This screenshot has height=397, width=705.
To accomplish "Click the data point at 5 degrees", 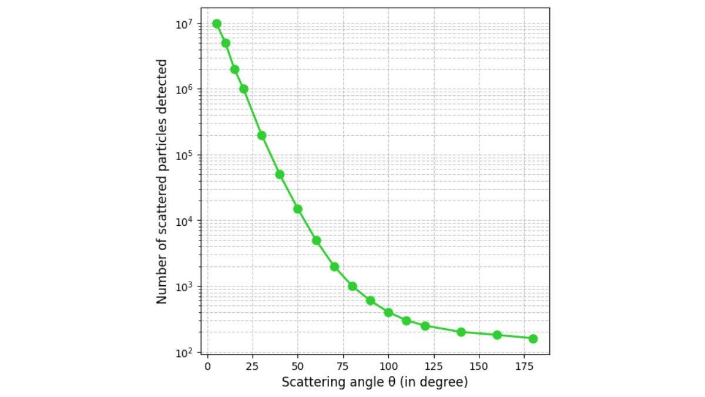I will [217, 24].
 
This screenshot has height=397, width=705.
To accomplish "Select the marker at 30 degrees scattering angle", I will [262, 135].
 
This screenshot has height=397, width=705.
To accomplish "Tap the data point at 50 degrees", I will [298, 209].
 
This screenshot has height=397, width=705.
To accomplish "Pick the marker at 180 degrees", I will [533, 339].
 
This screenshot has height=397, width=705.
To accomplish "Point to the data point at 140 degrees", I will [461, 332].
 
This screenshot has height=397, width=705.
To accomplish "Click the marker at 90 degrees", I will [370, 301].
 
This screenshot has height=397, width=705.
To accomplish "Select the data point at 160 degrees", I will [497, 335].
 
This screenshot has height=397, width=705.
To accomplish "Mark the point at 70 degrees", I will [334, 266].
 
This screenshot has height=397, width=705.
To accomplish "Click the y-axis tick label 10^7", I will [185, 24].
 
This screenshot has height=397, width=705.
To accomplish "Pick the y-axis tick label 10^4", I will [185, 221].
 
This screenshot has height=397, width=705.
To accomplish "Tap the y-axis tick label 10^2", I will [185, 353].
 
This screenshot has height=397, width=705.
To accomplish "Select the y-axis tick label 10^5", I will [185, 155].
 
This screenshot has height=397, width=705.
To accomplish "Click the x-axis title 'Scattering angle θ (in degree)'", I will [375, 382].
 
